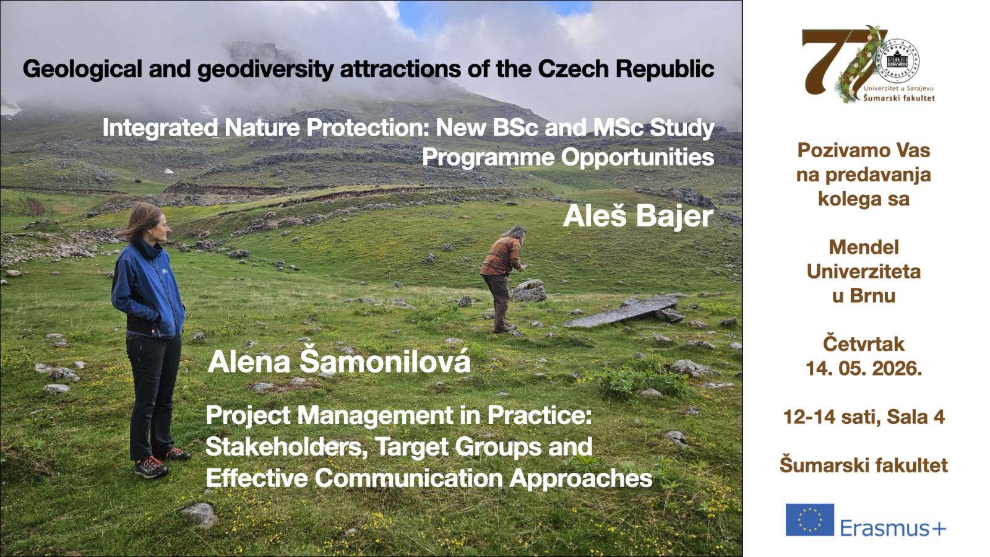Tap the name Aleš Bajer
[638, 217]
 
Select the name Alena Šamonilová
[339, 361]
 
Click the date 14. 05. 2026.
[864, 368]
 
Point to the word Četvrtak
[864, 344]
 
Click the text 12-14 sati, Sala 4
[864, 417]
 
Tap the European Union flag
[810, 520]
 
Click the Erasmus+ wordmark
[893, 528]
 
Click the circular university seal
[897, 61]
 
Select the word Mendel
[864, 247]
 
